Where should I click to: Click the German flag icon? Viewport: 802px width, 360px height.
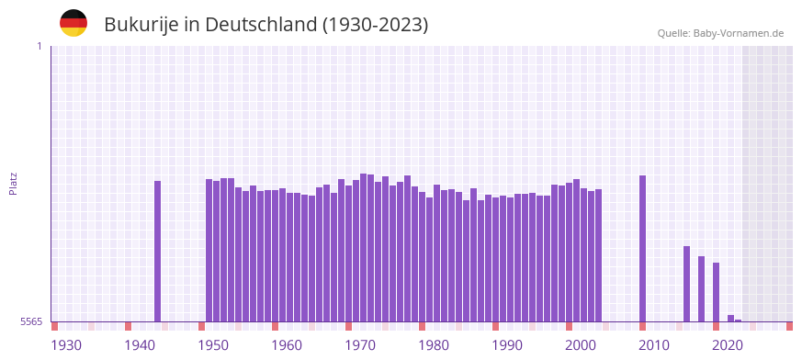coord(73,24)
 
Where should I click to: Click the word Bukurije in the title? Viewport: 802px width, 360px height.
coord(141,25)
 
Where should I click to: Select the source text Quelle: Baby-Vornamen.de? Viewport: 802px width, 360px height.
coord(720,33)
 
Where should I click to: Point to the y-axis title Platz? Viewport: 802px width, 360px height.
coord(13,183)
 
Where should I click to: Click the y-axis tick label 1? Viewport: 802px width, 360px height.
coord(39,46)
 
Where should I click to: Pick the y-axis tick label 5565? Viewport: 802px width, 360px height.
coord(30,321)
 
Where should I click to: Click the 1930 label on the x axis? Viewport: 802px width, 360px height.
coord(66,345)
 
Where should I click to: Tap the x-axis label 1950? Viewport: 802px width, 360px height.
coord(213,345)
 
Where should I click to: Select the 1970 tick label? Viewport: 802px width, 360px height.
coord(360,345)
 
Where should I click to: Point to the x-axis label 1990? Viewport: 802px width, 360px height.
coord(507,345)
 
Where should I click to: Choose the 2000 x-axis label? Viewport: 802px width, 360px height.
coord(581,345)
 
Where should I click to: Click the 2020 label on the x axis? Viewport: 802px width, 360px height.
coord(728,345)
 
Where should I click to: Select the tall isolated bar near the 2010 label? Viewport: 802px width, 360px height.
coord(642,248)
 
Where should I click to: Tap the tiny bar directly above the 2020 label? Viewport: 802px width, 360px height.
coord(730,319)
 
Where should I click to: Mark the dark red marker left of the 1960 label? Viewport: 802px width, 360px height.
coord(275,326)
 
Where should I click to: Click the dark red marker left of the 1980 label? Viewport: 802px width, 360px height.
coord(422,326)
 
